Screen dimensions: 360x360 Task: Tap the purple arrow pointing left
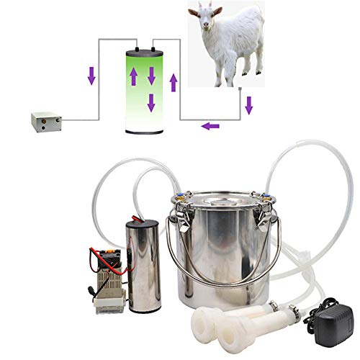click(x=210, y=126)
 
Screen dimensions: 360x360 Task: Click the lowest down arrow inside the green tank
click(x=150, y=102)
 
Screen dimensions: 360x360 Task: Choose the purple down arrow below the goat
click(x=249, y=107)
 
